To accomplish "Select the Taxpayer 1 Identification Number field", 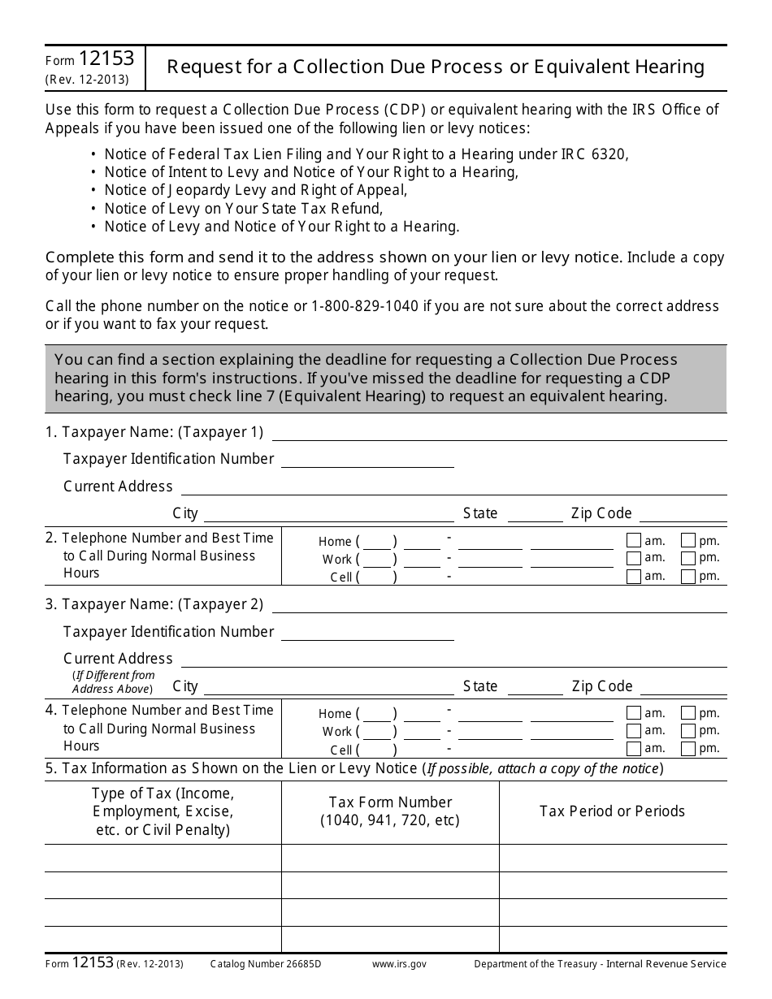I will (x=366, y=460).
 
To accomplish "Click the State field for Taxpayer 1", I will (x=534, y=514).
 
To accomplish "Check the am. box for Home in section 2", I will (x=634, y=541).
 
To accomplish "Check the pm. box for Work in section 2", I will (x=687, y=559).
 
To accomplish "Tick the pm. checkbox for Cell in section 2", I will (x=687, y=577).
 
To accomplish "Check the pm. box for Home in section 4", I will (x=687, y=714).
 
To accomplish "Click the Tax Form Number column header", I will (x=390, y=811).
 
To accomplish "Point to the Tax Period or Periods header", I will (x=612, y=811).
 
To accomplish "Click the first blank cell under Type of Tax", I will (x=163, y=858).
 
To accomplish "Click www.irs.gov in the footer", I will (x=398, y=964).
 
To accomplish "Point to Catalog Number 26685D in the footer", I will (x=266, y=964).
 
